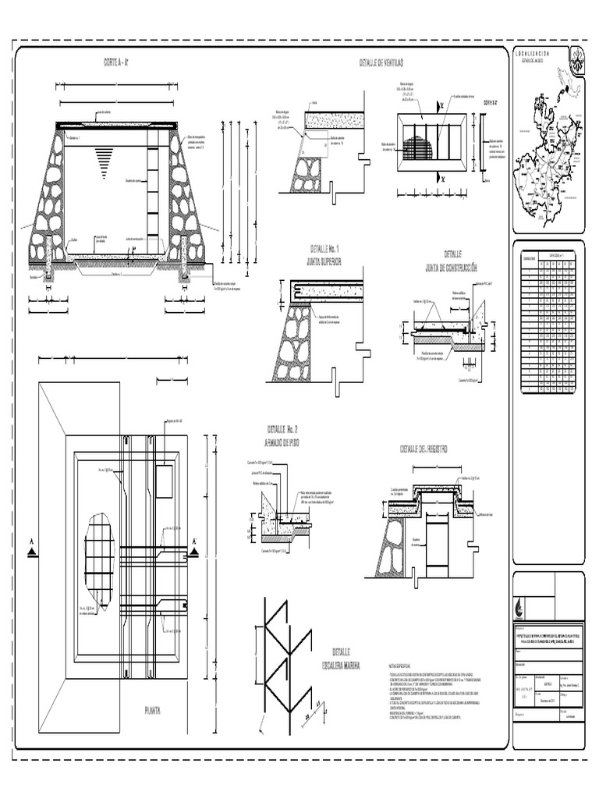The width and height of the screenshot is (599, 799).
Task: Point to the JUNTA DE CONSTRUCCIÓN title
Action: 452,267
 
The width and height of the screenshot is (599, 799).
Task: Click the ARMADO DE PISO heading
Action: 283,442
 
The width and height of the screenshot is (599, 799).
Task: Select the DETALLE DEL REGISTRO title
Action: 424,449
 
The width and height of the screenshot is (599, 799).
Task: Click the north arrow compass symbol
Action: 577,55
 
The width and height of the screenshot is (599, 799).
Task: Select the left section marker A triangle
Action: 32,552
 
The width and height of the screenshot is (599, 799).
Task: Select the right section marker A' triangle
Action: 194,552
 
